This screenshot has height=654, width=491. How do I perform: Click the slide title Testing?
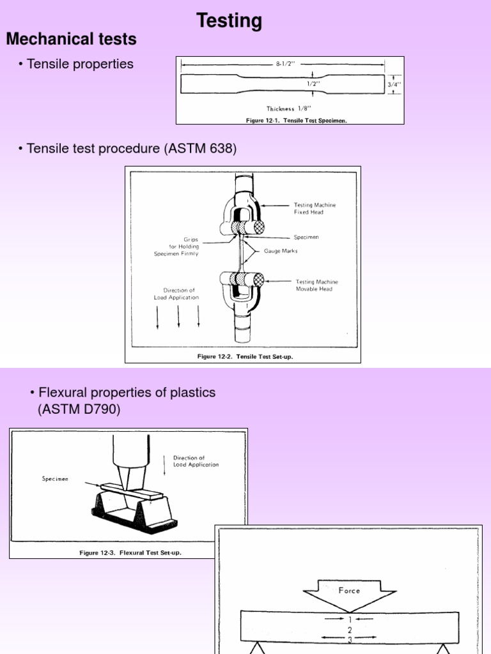point(230,21)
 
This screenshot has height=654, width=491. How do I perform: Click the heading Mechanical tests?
point(71,40)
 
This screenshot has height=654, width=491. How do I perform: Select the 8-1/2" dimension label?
point(285,64)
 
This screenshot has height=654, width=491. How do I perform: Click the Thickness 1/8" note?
point(284,109)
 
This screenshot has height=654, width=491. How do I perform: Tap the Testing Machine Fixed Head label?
point(315,208)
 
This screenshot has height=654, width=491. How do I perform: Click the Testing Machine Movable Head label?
point(317,285)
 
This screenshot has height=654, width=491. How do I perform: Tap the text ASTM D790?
point(79,409)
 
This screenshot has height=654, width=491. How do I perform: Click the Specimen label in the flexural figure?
point(56,478)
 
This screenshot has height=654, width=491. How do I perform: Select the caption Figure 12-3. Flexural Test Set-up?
point(130,552)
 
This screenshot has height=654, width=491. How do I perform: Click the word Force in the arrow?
point(349,590)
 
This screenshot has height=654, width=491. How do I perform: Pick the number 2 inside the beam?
point(350,629)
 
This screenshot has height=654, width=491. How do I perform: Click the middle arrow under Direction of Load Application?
point(178,316)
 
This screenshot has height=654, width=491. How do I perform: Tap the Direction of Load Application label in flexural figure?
point(196,461)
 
